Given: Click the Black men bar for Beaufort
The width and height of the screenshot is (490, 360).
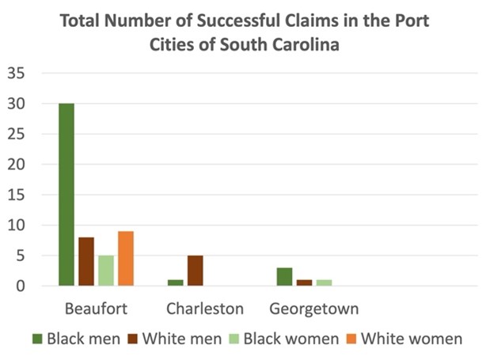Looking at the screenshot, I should (66, 195).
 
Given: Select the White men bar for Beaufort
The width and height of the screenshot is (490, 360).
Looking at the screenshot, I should (85, 261).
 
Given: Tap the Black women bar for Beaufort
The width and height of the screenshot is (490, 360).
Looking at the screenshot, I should (106, 271).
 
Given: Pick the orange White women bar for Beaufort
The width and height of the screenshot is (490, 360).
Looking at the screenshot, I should (126, 259).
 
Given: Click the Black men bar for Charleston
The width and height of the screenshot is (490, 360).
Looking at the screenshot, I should (175, 282).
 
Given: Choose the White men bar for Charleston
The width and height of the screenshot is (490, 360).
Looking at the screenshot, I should (195, 271).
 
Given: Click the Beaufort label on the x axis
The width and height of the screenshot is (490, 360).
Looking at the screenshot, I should (95, 308).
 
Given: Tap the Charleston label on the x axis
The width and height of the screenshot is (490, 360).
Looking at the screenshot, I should (205, 308).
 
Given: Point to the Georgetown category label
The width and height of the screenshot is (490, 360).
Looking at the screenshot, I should (314, 308).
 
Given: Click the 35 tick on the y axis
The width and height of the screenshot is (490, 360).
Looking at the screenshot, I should (17, 74).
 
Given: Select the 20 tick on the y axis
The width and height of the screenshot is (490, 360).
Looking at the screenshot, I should (17, 165).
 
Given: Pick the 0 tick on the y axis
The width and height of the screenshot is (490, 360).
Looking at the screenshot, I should (22, 286).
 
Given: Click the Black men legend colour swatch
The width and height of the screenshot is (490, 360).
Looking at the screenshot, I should (36, 339).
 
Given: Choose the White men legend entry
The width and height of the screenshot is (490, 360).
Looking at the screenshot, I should (173, 339).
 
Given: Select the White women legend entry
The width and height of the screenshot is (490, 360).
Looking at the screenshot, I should (404, 339).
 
